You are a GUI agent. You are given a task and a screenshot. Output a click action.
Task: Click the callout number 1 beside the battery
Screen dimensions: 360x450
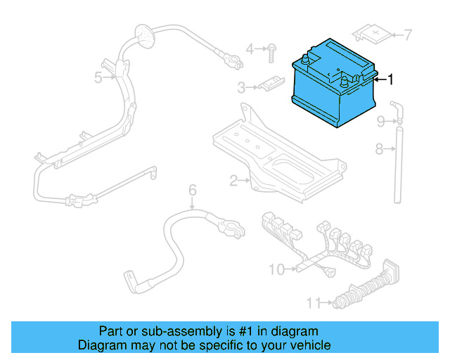[x=390, y=79]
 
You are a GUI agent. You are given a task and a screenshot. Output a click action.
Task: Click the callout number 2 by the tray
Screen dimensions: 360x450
[x=233, y=181]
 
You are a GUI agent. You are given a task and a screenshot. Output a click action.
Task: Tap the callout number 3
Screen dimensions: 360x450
[x=241, y=88]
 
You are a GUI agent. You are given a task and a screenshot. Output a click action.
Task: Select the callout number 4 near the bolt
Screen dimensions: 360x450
[x=250, y=49]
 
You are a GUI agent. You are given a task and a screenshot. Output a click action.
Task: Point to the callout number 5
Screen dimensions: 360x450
[x=98, y=77]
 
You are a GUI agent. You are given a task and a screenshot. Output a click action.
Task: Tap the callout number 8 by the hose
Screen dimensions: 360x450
[x=379, y=148]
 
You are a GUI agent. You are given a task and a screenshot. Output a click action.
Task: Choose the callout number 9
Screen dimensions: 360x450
[x=380, y=122]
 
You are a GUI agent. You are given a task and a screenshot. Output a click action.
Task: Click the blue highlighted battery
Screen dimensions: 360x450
[x=334, y=84]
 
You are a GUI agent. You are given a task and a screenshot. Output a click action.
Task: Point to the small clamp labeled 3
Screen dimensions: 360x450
[x=267, y=86]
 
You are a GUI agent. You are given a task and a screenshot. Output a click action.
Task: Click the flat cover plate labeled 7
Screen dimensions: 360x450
[x=373, y=32]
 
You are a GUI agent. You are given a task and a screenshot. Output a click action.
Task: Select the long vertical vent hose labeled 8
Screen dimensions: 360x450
[x=398, y=165]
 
